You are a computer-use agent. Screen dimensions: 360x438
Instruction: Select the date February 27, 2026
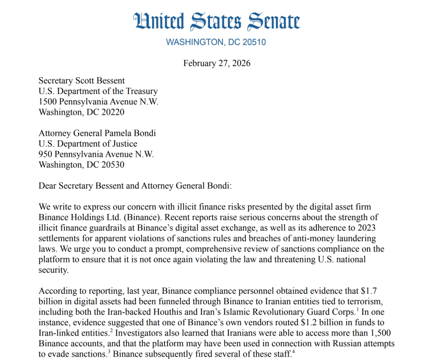(216, 63)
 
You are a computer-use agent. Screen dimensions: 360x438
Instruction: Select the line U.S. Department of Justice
(88, 144)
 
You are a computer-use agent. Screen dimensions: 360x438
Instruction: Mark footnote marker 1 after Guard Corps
(357, 310)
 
